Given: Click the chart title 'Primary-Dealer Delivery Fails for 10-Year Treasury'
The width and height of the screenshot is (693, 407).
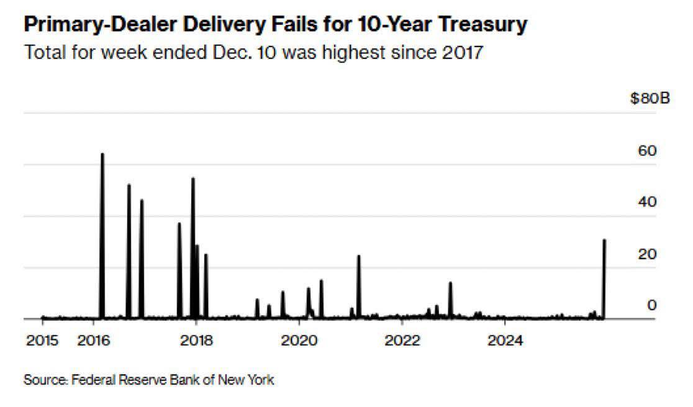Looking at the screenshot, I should [x=276, y=25].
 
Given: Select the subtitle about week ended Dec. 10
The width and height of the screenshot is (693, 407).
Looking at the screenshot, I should [x=253, y=52].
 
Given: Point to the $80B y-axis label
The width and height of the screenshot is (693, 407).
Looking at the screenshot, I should [x=650, y=99].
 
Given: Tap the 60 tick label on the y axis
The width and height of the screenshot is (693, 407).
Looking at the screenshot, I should [x=648, y=151].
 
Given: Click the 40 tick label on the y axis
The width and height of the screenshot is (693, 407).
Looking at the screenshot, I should [x=648, y=202].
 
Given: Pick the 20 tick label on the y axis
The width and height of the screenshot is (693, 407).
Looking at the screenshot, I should [x=648, y=254].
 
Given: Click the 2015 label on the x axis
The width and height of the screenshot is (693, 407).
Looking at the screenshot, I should [x=42, y=340].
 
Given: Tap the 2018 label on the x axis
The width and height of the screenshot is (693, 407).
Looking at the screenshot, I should [x=196, y=340].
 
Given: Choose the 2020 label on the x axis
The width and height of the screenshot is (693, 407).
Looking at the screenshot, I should [x=299, y=340].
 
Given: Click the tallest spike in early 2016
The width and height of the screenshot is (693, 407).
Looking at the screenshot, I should [x=102, y=155].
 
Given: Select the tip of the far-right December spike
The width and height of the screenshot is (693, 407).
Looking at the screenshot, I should [x=604, y=241].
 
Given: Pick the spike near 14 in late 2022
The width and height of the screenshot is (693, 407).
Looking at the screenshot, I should [x=450, y=284].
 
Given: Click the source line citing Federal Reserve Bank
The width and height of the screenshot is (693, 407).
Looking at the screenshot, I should [x=148, y=379].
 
